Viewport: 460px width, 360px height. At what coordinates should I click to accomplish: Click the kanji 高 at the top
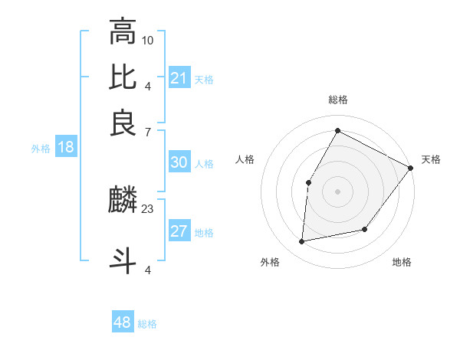click(123, 32)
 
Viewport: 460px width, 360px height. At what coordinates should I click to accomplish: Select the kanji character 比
click(123, 77)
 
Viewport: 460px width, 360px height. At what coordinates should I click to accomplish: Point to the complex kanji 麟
click(123, 201)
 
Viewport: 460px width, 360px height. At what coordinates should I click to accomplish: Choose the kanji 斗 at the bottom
click(123, 259)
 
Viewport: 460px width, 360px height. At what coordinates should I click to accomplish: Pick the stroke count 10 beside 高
click(148, 39)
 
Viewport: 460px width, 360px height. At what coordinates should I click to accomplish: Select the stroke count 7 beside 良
click(148, 132)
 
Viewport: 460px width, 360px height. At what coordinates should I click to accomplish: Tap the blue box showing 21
click(179, 78)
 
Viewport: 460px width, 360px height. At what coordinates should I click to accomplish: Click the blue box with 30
click(179, 162)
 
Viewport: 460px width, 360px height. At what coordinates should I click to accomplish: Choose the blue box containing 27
click(179, 232)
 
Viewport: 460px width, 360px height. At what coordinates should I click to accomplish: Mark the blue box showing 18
click(66, 148)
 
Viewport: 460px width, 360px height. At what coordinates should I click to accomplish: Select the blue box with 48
click(123, 322)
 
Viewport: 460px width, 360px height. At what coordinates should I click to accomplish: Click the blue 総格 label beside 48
click(147, 324)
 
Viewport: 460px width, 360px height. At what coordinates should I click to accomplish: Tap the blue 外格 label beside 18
click(41, 149)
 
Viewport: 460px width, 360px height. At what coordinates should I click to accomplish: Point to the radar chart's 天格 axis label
click(431, 159)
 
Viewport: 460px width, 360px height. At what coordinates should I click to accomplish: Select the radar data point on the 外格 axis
click(302, 242)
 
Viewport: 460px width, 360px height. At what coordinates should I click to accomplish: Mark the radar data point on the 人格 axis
click(308, 182)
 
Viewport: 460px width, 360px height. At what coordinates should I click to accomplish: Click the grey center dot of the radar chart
click(337, 191)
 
